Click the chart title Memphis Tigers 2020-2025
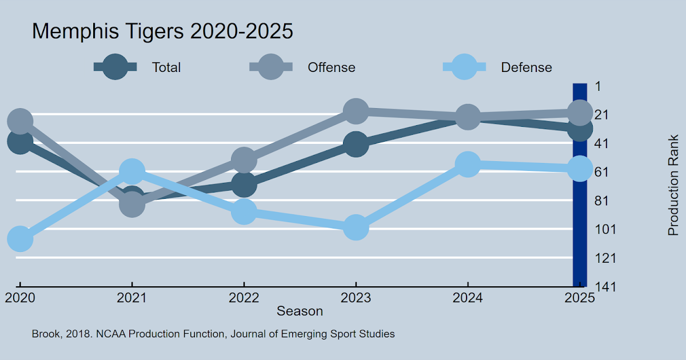(x=162, y=31)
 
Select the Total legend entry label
(x=166, y=67)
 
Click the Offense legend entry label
(x=332, y=67)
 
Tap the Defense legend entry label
(x=527, y=67)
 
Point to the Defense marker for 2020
(x=20, y=238)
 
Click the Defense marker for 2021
(x=132, y=171)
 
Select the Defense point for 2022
(x=244, y=211)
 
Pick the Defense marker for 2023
(x=356, y=228)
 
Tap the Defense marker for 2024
(x=468, y=165)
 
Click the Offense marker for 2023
(x=356, y=111)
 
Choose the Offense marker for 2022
(x=244, y=160)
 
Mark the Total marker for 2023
(x=356, y=144)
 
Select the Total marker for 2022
(x=244, y=184)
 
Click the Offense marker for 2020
(x=20, y=121)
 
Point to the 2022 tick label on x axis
(x=244, y=298)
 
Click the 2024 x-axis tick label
(x=468, y=298)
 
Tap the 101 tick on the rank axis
(x=605, y=229)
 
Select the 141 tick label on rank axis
(x=605, y=286)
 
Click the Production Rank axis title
(x=674, y=186)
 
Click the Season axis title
(x=300, y=311)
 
